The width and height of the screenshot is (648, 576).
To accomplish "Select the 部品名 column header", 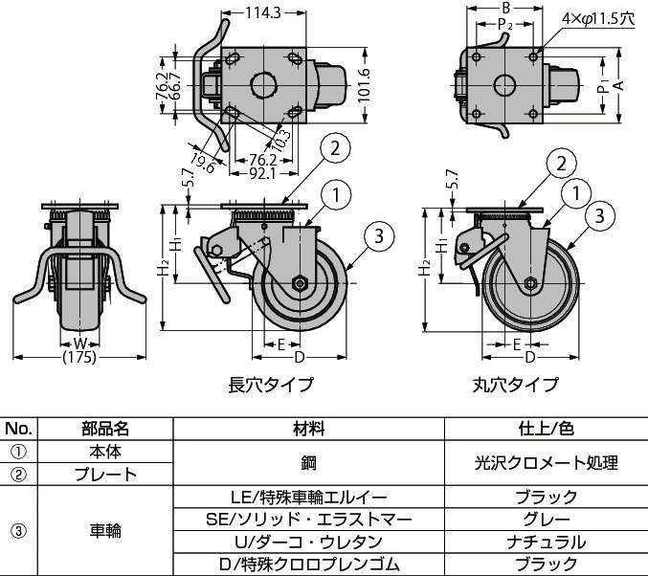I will click(x=105, y=429).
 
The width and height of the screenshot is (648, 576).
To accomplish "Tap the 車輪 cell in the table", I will click(x=105, y=530).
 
